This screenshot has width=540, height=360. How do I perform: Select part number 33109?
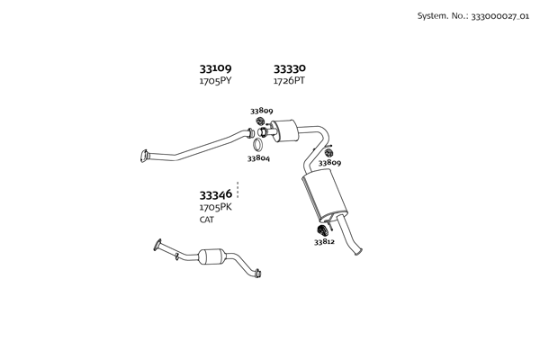click(215, 67)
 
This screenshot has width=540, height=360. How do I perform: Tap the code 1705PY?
click(215, 80)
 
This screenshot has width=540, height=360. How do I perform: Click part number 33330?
click(289, 67)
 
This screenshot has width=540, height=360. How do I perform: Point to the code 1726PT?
click(289, 80)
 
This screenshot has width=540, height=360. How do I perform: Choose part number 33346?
click(216, 194)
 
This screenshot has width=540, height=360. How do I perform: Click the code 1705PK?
click(215, 207)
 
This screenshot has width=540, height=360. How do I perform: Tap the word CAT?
click(207, 220)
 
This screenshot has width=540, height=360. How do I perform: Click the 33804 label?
click(258, 157)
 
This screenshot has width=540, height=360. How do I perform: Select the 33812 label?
click(324, 241)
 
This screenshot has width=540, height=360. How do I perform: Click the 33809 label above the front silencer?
click(261, 111)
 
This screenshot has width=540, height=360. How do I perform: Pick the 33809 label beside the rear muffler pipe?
click(329, 163)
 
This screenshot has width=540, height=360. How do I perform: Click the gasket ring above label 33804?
click(256, 143)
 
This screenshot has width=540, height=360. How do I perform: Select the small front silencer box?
click(284, 130)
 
